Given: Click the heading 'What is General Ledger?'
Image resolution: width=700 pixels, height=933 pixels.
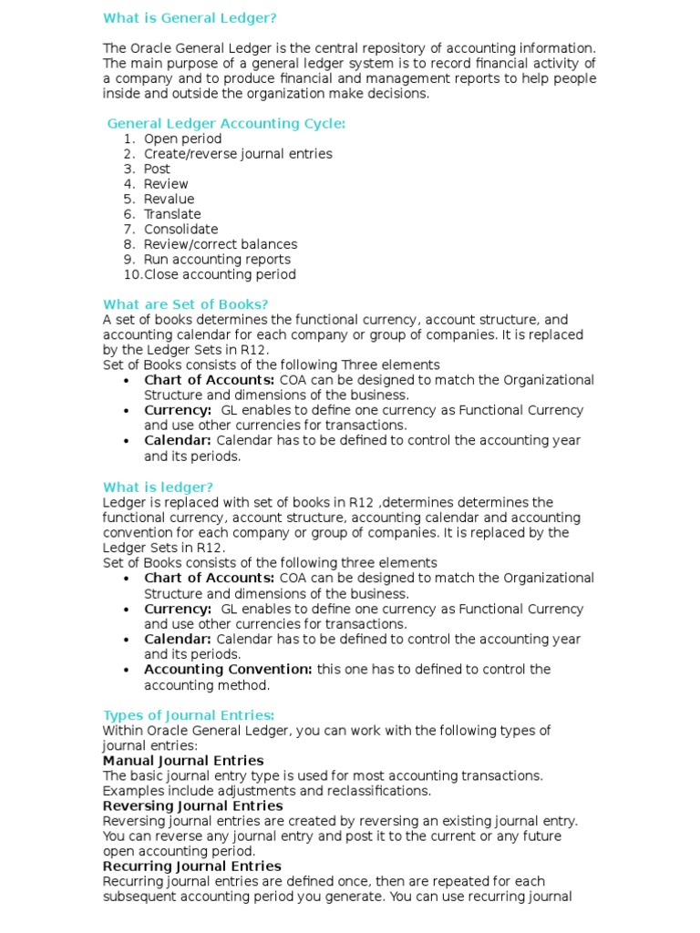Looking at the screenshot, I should tap(190, 17).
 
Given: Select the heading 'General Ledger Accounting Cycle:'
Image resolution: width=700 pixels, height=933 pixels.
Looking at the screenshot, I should tap(226, 124).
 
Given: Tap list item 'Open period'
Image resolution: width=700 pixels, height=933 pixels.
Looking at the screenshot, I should tap(182, 138).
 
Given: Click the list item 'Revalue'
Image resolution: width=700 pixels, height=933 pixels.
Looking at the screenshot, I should tap(169, 199).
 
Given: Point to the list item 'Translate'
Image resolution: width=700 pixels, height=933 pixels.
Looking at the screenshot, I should tap(172, 214).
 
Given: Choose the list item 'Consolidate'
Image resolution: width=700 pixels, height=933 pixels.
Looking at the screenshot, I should tap(180, 229).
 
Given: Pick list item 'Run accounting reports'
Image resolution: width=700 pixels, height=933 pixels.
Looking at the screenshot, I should tap(217, 259).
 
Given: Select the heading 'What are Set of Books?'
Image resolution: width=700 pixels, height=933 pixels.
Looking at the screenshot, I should tap(186, 304).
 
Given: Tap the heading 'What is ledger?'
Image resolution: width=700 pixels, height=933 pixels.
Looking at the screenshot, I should tap(159, 487).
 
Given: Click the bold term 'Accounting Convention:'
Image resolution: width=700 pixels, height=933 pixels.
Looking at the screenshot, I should tap(228, 669).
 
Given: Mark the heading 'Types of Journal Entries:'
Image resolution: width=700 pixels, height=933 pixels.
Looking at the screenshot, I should tap(189, 715).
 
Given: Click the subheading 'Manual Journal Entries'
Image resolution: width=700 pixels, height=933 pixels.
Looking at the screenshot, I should tap(183, 760).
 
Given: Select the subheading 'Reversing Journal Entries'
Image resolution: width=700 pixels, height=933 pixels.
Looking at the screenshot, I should tap(192, 805).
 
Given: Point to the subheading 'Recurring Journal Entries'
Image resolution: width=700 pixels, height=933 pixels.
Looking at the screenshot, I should tap(191, 866).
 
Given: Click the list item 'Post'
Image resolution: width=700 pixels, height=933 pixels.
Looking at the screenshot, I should tap(157, 169).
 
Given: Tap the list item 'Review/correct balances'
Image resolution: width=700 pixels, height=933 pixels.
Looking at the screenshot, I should tap(220, 244).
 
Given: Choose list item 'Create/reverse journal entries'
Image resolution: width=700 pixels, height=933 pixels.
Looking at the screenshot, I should tap(238, 154).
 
